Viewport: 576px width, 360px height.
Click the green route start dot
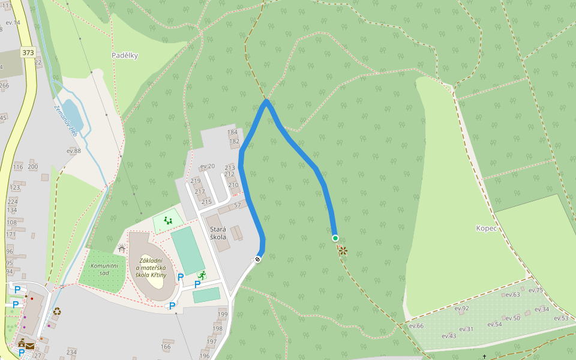[335, 238]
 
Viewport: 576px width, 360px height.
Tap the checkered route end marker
[258, 259]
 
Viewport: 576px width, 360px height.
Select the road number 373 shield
[28, 52]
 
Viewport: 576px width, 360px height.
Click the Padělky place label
[125, 55]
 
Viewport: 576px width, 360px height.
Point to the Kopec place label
[486, 228]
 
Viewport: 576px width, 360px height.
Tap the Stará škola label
[218, 233]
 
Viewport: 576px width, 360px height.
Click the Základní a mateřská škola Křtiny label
[155, 268]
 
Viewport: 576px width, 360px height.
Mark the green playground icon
[168, 221]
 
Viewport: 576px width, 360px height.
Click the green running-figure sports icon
[202, 275]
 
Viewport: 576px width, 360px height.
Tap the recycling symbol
[57, 311]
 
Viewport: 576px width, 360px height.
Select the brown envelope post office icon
[30, 346]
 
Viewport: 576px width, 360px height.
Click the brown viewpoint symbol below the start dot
[343, 251]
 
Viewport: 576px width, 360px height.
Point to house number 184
[233, 132]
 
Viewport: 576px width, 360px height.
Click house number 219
[195, 181]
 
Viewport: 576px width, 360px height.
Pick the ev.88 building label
[73, 151]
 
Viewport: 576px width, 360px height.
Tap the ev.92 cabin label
[461, 308]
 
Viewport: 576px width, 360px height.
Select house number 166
[166, 346]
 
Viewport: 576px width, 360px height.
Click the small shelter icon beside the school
[122, 248]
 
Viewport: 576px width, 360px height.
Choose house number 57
[238, 205]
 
